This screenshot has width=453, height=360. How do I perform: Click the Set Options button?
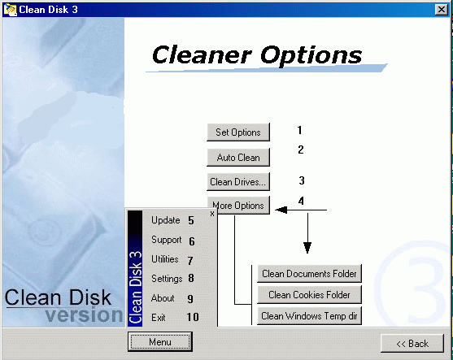(238, 132)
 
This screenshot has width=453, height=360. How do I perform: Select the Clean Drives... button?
(238, 182)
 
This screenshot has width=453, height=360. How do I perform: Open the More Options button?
(238, 206)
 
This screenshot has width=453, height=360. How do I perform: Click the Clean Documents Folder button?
(309, 273)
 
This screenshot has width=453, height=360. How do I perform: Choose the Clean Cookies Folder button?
(309, 294)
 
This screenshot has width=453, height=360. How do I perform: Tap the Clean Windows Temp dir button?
(309, 316)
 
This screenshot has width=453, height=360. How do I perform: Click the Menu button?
(160, 342)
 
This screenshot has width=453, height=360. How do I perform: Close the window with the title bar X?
(441, 10)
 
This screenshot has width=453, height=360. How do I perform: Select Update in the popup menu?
(166, 220)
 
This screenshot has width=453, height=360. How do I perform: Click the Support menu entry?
(167, 240)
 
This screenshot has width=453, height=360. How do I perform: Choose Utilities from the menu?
(164, 259)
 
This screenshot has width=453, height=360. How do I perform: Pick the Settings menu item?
(167, 279)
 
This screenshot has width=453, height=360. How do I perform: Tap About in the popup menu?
(163, 298)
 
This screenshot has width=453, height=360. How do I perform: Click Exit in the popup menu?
(159, 318)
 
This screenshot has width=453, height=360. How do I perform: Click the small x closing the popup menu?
(212, 214)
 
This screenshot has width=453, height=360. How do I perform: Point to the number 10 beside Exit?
(193, 317)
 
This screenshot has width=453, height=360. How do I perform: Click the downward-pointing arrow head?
(307, 248)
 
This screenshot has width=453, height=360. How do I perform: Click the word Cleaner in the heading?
(202, 54)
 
